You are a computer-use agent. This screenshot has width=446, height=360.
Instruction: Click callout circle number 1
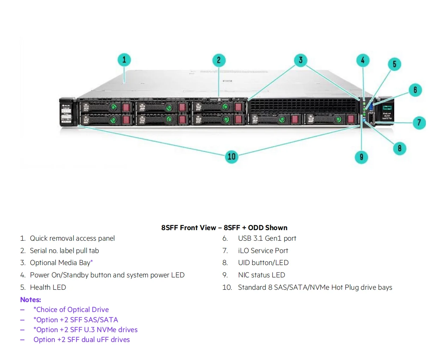click(x=124, y=60)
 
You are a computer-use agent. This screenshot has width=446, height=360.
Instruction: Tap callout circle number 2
click(x=219, y=60)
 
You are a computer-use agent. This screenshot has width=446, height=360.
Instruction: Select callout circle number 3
click(x=301, y=60)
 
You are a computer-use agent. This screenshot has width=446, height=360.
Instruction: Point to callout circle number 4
click(x=363, y=60)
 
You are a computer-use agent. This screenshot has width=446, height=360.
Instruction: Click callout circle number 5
click(x=394, y=64)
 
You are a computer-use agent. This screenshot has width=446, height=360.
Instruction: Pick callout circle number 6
click(x=415, y=90)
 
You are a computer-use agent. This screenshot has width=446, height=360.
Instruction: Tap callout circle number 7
click(x=419, y=123)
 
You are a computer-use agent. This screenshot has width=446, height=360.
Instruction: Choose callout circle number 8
click(x=399, y=148)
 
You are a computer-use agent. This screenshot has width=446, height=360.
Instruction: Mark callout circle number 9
click(x=361, y=157)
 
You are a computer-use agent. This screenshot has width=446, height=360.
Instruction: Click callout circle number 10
click(x=231, y=156)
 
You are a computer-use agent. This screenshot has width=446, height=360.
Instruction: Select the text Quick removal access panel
click(x=72, y=238)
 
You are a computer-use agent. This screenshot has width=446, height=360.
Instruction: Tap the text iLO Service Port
click(x=263, y=251)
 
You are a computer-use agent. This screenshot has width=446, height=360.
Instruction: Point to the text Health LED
click(x=48, y=287)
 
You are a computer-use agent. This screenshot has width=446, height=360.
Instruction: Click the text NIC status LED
click(x=261, y=275)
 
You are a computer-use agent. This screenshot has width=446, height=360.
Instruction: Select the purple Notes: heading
click(x=30, y=300)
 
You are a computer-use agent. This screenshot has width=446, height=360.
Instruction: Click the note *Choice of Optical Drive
click(x=71, y=310)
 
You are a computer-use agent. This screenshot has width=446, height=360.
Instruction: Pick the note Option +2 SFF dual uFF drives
click(x=82, y=340)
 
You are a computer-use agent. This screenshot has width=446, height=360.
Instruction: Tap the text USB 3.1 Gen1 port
click(x=267, y=238)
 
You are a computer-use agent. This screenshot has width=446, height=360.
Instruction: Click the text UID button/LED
click(x=263, y=263)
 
